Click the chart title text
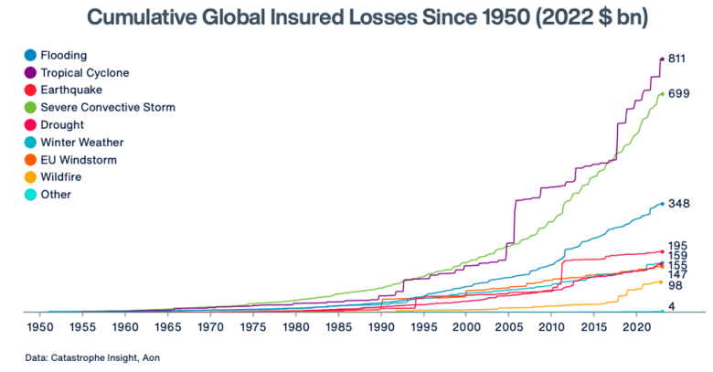coord(356,18)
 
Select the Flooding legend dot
coord(30,55)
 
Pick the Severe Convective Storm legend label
coord(108,107)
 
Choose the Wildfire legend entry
coord(63,176)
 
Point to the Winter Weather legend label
coord(82,142)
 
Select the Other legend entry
coord(56,194)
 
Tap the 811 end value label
coord(678,58)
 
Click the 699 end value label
coord(678,93)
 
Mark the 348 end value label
coord(678,203)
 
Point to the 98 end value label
coord(676,285)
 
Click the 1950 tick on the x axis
coord(40,326)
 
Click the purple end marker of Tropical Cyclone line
coord(662,59)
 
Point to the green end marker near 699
coord(662,93)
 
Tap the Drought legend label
coord(62,124)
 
